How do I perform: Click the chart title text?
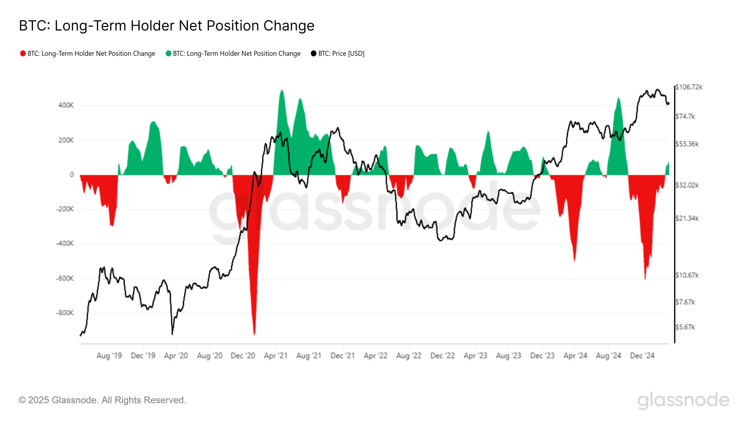pyautogui.click(x=167, y=26)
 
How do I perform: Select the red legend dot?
pyautogui.click(x=23, y=54)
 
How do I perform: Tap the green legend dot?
pyautogui.click(x=168, y=54)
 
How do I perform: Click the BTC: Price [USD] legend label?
pyautogui.click(x=341, y=54)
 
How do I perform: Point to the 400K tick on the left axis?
pyautogui.click(x=66, y=105)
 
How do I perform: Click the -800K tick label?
pyautogui.click(x=65, y=313)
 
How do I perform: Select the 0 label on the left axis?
pyautogui.click(x=72, y=175)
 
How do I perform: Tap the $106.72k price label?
pyautogui.click(x=689, y=87)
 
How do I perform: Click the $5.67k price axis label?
pyautogui.click(x=685, y=327)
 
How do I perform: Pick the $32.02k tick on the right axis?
pyautogui.click(x=687, y=185)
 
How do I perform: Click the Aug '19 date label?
pyautogui.click(x=109, y=356)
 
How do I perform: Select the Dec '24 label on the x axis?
pyautogui.click(x=642, y=356)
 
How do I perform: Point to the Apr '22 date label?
pyautogui.click(x=375, y=356)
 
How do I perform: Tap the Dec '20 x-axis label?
pyautogui.click(x=243, y=356)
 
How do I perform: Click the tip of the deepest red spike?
pyautogui.click(x=254, y=334)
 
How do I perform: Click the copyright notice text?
pyautogui.click(x=102, y=400)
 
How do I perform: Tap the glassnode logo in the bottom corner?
pyautogui.click(x=683, y=401)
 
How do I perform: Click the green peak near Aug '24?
pyautogui.click(x=618, y=98)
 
